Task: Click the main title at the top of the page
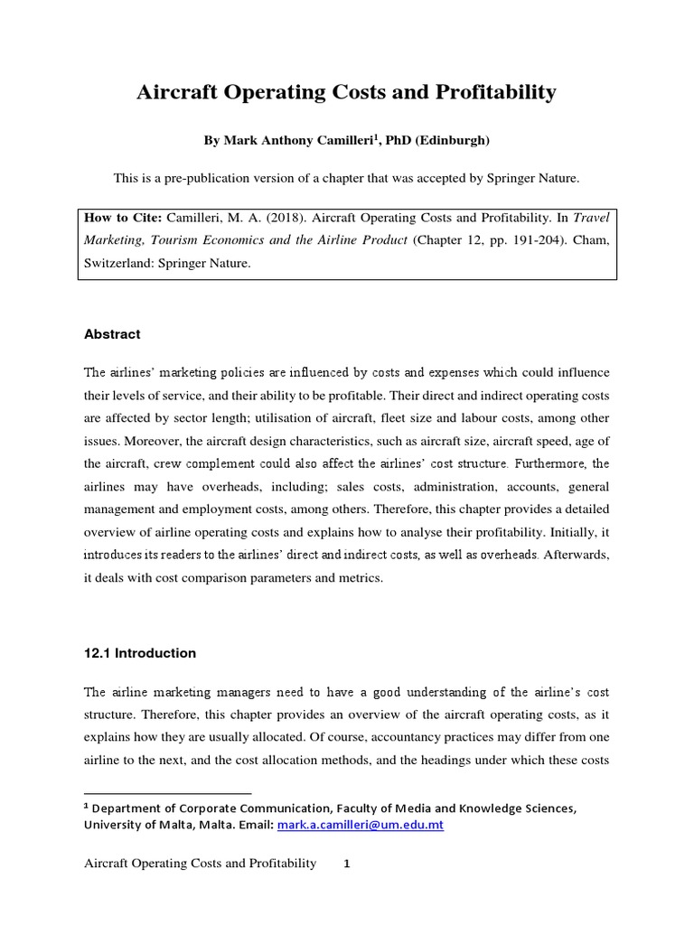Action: pos(346,92)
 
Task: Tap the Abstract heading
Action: pos(112,334)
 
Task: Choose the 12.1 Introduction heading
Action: pos(139,653)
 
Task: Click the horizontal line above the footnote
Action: pos(167,792)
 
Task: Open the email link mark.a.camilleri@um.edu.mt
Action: pos(372,825)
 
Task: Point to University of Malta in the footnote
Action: pos(134,825)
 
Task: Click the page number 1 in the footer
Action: pos(346,864)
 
